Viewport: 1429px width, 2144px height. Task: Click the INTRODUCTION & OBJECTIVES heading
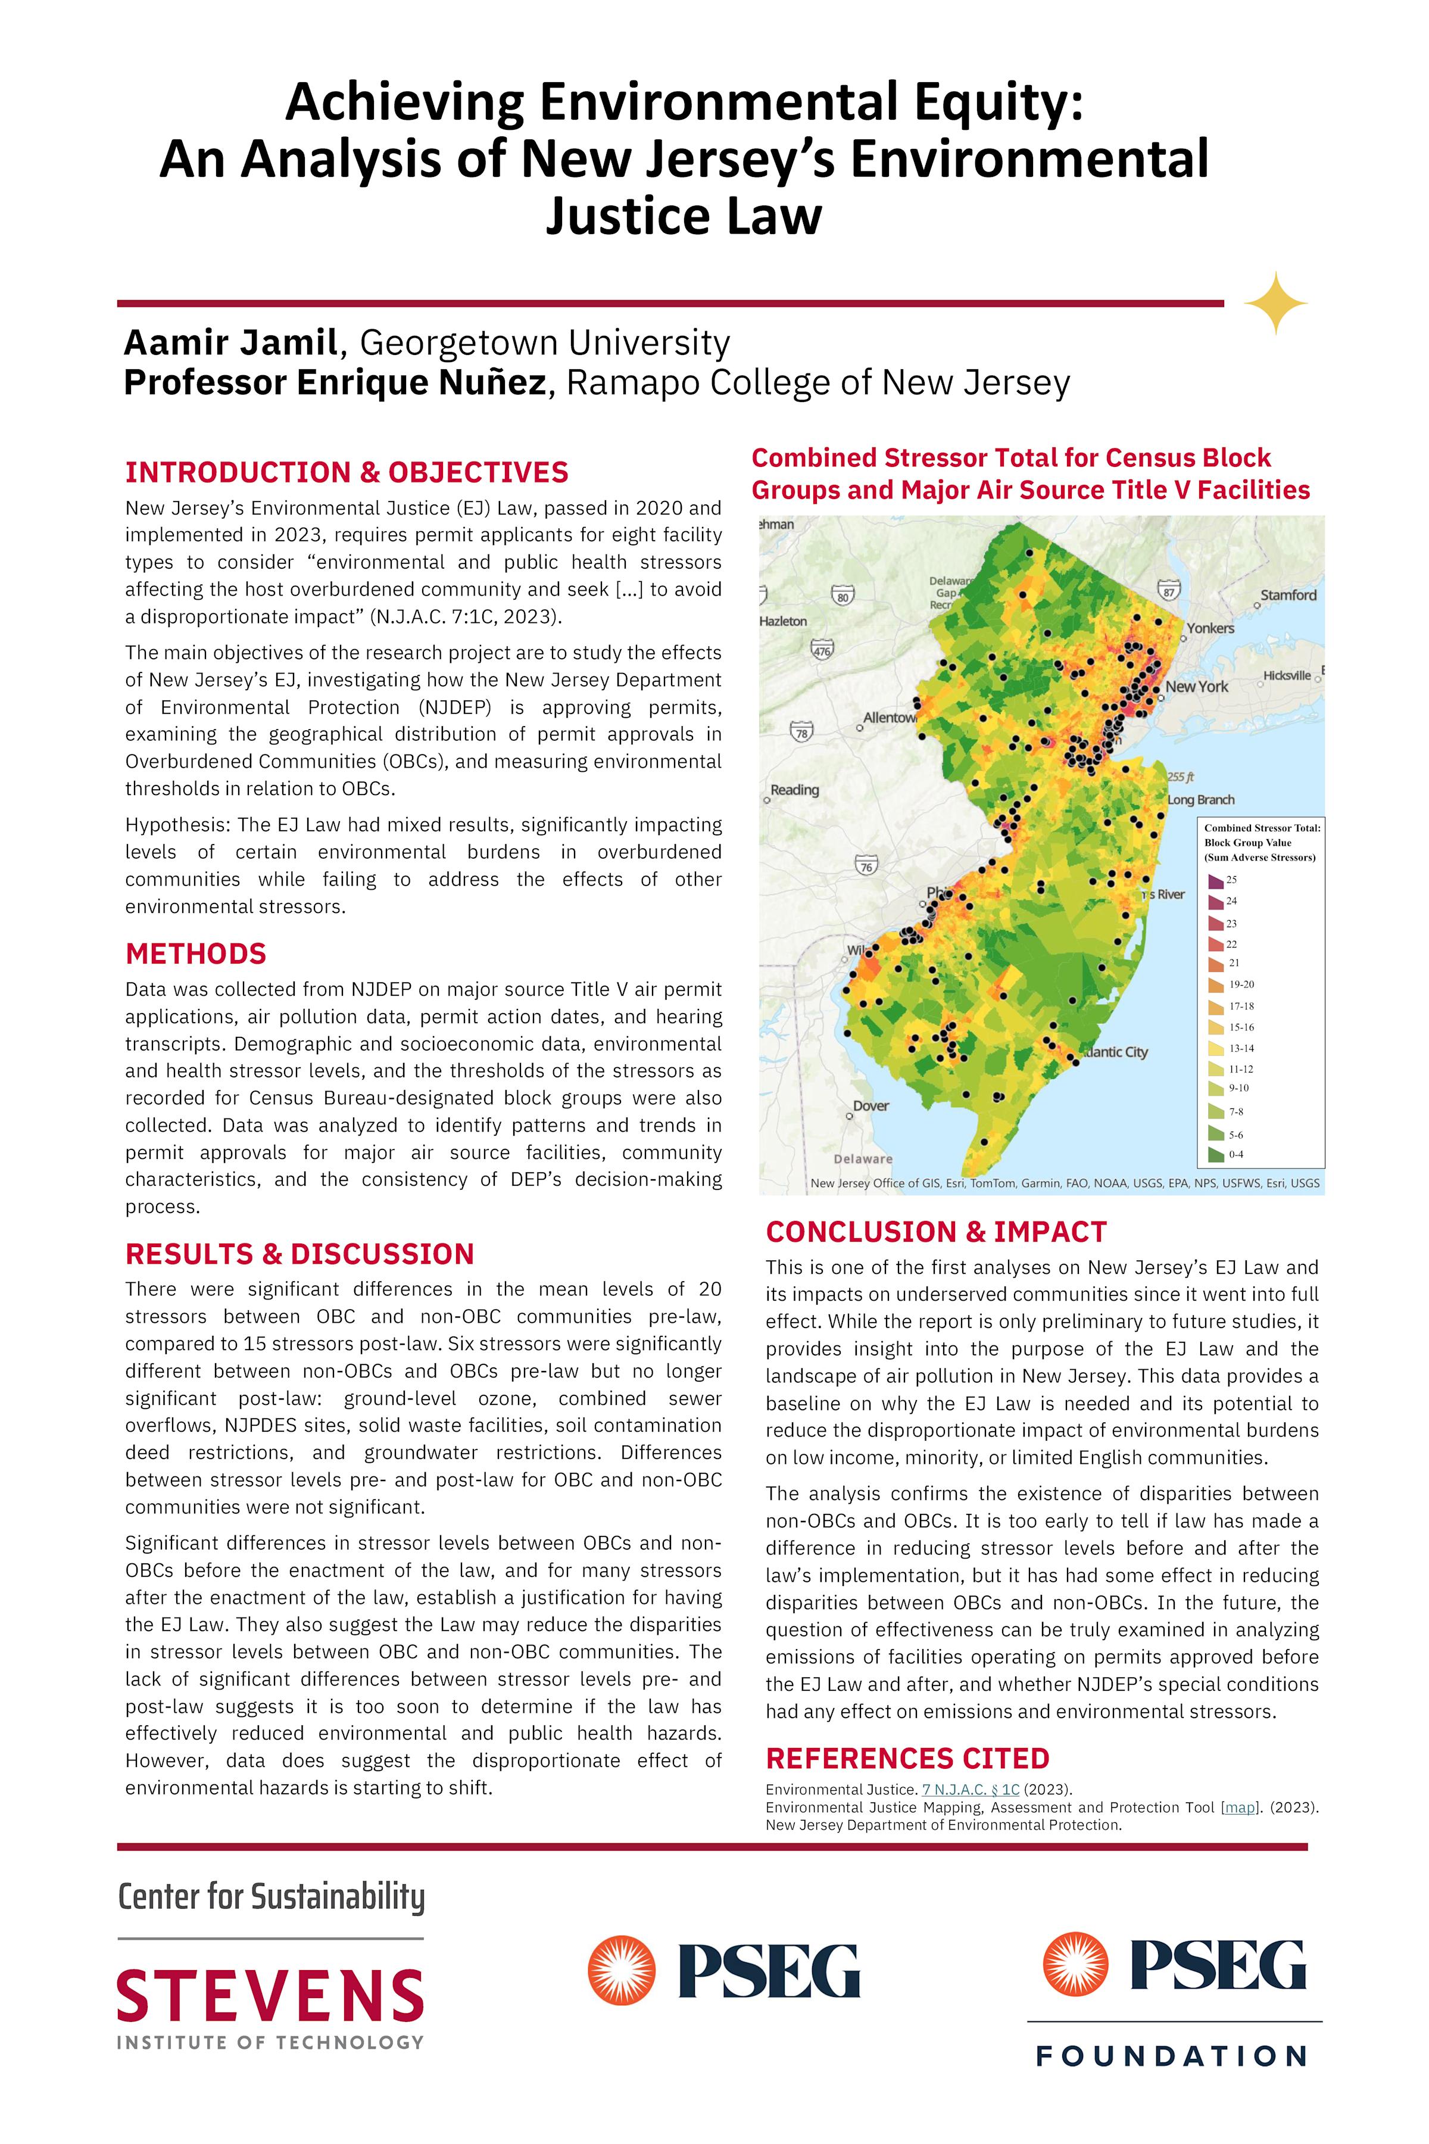(347, 472)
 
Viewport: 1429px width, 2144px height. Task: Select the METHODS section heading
(196, 953)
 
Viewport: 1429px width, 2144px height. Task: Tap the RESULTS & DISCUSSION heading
(299, 1254)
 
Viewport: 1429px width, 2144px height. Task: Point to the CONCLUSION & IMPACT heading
(936, 1232)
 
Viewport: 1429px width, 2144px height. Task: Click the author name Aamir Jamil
(230, 343)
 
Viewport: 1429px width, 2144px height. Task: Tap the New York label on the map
(1197, 687)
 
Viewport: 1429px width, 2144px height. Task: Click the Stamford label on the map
(1288, 595)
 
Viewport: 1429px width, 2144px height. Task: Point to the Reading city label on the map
(795, 790)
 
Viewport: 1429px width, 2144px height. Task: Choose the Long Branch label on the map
(1201, 799)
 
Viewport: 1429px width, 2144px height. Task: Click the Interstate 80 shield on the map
(843, 596)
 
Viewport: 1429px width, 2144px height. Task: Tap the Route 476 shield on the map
(822, 650)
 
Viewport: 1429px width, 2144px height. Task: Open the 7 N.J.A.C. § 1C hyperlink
(971, 1790)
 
